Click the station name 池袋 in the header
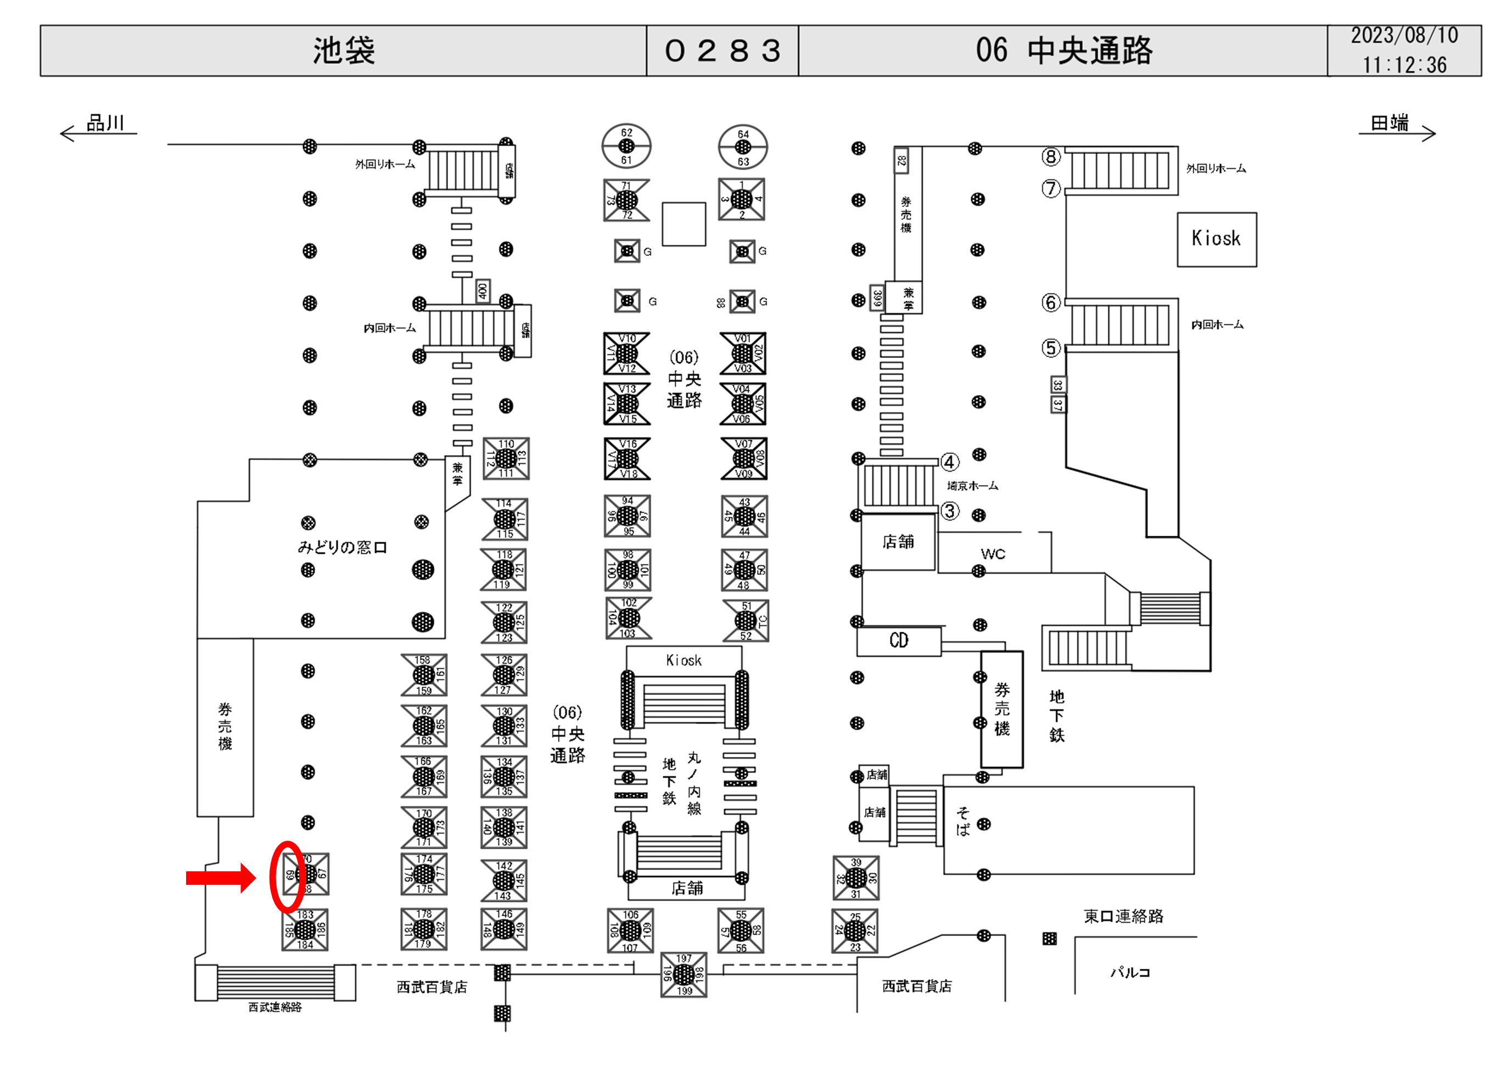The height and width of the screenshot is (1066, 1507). [x=343, y=51]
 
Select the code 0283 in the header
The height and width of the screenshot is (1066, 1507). [x=722, y=51]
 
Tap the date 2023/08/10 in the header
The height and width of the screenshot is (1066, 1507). [x=1404, y=36]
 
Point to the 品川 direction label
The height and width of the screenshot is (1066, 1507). [x=105, y=123]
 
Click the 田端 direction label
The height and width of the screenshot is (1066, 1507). [x=1389, y=123]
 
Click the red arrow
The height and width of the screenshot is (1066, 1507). [x=221, y=878]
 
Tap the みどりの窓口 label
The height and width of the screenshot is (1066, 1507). [x=342, y=547]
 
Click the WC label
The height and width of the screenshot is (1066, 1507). [x=993, y=554]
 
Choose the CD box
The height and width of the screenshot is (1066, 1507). [x=899, y=641]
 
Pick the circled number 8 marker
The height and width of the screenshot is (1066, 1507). [x=1051, y=156]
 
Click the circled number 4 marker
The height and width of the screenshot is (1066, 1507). [x=949, y=462]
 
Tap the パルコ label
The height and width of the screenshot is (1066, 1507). [x=1130, y=972]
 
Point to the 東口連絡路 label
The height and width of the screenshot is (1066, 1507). [x=1123, y=916]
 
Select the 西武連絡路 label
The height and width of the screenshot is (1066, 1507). [x=275, y=1007]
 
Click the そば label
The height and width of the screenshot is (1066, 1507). [x=963, y=821]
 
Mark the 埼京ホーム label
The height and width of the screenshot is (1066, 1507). [x=972, y=486]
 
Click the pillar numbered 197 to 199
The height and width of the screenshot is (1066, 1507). [x=684, y=974]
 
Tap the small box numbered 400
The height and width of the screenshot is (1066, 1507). [x=483, y=291]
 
